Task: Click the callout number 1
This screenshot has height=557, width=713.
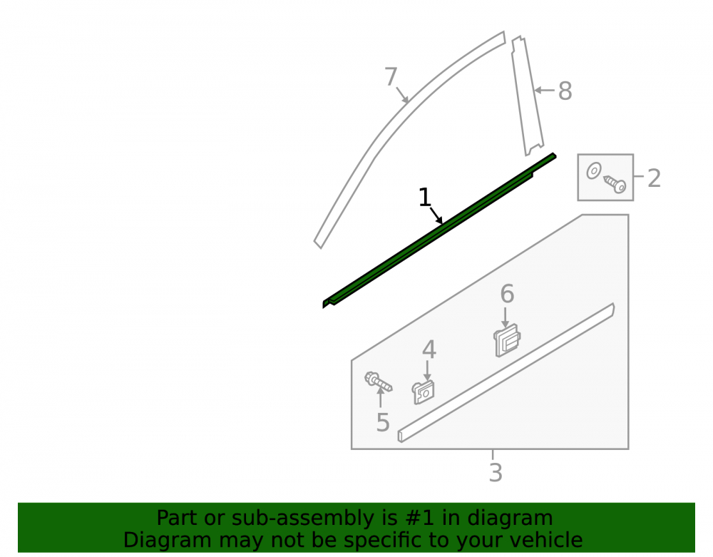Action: click(x=424, y=198)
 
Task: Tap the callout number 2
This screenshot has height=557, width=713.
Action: click(x=654, y=178)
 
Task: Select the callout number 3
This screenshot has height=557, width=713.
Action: click(x=496, y=472)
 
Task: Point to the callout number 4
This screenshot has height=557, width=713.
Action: click(x=429, y=349)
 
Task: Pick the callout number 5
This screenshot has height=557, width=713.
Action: click(x=383, y=422)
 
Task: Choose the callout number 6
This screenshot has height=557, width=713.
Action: click(x=507, y=294)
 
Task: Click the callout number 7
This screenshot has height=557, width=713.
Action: click(x=391, y=76)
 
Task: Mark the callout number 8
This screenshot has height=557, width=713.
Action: click(x=565, y=91)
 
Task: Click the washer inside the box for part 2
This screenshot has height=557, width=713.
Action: click(x=593, y=171)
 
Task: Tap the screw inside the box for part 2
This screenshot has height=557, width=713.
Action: click(x=615, y=184)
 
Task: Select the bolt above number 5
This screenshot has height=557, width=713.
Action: click(x=378, y=382)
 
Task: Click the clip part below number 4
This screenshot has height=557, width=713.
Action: click(x=424, y=392)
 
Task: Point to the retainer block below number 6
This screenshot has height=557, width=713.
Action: click(x=507, y=340)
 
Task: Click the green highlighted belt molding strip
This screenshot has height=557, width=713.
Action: click(x=438, y=230)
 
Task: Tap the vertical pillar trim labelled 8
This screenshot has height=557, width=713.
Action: click(x=528, y=96)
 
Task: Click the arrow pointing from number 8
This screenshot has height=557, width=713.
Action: click(x=545, y=91)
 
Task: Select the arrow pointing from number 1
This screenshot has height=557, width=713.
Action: click(x=436, y=215)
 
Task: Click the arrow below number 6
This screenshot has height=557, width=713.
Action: click(x=506, y=317)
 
